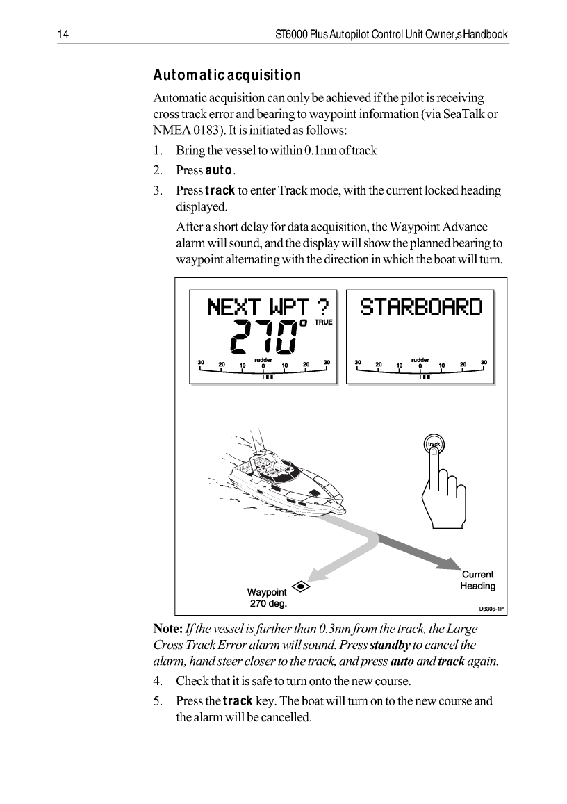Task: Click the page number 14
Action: (x=61, y=35)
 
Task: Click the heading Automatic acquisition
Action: (x=227, y=75)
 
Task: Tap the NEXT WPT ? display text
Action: (x=268, y=306)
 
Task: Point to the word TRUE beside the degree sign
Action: (x=324, y=322)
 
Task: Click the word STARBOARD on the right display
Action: (x=420, y=306)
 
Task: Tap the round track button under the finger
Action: (x=434, y=444)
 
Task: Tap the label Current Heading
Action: (x=477, y=580)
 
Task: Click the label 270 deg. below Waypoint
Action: (x=268, y=603)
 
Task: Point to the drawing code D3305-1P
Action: (x=490, y=609)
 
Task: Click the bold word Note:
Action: (x=167, y=629)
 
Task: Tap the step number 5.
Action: (x=158, y=700)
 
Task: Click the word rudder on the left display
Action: (x=263, y=360)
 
